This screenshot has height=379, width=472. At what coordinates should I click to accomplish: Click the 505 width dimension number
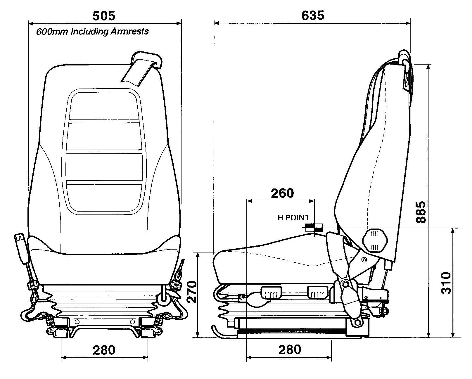104,15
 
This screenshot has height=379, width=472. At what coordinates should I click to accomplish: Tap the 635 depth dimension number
313,15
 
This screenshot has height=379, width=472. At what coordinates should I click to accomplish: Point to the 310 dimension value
446,283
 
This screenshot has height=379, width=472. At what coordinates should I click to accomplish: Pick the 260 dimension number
282,193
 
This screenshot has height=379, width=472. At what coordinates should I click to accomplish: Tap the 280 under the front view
104,350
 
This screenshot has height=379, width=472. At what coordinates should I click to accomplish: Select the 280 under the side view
289,349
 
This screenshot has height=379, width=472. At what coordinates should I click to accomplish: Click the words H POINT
293,218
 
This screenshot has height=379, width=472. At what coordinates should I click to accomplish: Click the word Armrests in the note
129,31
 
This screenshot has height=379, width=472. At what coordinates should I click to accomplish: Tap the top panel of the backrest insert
104,105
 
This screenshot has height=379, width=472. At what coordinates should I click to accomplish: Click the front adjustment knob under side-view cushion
271,293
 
